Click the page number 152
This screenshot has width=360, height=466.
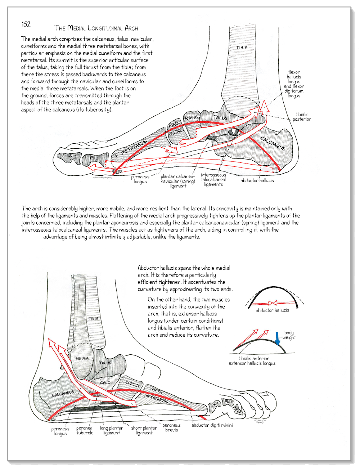[26, 24]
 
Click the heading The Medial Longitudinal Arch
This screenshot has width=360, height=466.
[96, 28]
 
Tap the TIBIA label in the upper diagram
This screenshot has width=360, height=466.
[242, 47]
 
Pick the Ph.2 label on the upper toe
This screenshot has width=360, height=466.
[72, 157]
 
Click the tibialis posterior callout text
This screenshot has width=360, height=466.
[301, 117]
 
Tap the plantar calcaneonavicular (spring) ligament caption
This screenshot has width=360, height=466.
[178, 181]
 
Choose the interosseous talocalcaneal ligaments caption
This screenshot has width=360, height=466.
[213, 179]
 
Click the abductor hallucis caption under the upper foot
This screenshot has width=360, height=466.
[257, 180]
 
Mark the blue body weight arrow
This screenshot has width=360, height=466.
[278, 338]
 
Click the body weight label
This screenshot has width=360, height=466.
[289, 335]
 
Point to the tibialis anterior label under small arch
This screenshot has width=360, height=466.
[253, 358]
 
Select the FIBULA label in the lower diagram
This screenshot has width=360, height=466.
[82, 358]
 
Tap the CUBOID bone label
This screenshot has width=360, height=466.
[132, 384]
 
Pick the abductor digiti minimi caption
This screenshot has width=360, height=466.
[212, 425]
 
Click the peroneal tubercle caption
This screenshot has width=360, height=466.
[85, 430]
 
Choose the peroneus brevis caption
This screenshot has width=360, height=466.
[171, 427]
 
